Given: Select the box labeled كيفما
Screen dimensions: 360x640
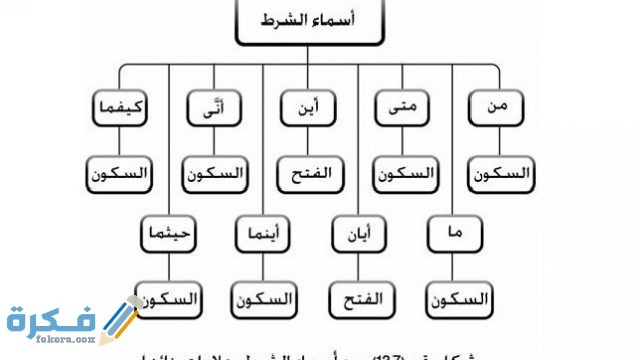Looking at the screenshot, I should tap(118, 108).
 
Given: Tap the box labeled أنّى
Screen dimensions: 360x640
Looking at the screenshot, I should tap(214, 108).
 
